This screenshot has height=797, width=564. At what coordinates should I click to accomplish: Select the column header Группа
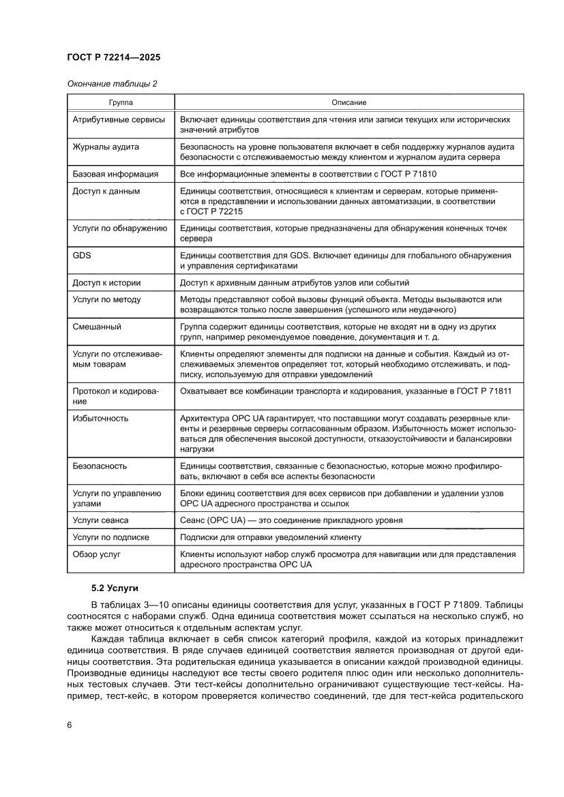[x=121, y=102]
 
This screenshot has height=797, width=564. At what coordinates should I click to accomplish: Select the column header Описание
[x=349, y=102]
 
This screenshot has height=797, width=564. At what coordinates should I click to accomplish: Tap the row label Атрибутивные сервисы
[x=119, y=119]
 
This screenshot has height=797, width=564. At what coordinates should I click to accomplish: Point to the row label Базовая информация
[x=115, y=175]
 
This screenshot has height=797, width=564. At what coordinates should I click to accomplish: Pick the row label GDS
[x=81, y=255]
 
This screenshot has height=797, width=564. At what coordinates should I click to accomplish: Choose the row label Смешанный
[x=97, y=327]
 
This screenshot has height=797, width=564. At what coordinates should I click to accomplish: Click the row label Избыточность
[x=100, y=419]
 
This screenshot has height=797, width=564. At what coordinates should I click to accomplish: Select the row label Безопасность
[x=100, y=466]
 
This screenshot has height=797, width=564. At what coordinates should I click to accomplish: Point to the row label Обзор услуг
[x=96, y=554]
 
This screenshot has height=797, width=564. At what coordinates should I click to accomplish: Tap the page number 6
[x=70, y=724]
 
